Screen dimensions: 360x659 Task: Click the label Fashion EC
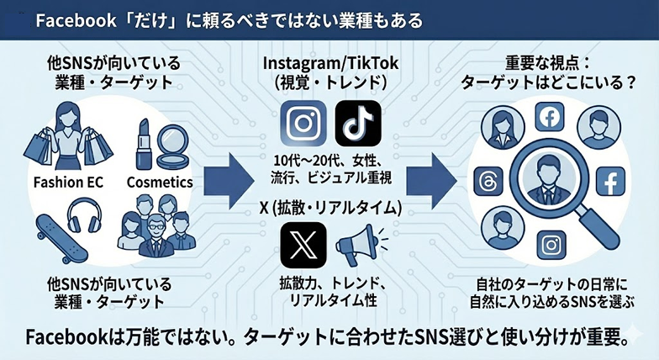[65, 182]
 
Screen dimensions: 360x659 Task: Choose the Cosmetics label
[159, 182]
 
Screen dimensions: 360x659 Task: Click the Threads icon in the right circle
[487, 182]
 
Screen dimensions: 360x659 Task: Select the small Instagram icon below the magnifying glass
[551, 245]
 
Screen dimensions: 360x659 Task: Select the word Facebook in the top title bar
[72, 18]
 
